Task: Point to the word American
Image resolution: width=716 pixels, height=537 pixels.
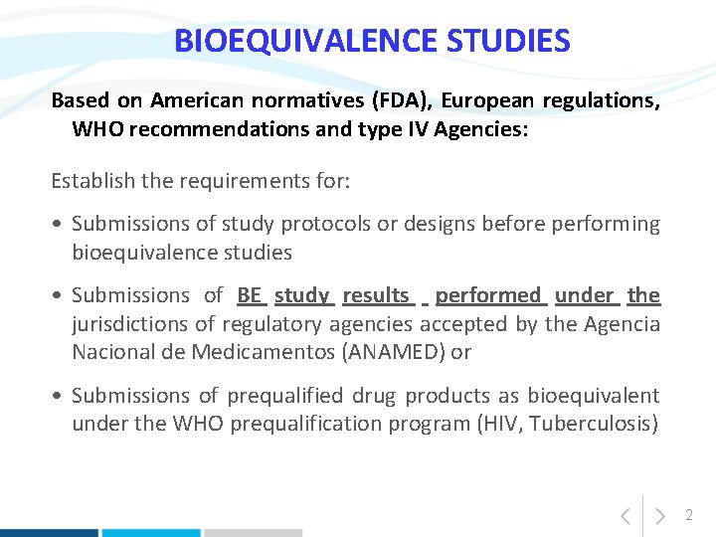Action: point(197,100)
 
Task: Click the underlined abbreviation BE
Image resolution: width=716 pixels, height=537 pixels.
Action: point(250,295)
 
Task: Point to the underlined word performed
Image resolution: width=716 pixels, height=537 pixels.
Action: point(487,295)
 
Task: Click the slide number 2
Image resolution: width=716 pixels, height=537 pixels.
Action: point(688,515)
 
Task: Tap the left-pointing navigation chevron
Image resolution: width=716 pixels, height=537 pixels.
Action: point(625,516)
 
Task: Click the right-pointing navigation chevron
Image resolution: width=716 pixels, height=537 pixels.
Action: point(659,516)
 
